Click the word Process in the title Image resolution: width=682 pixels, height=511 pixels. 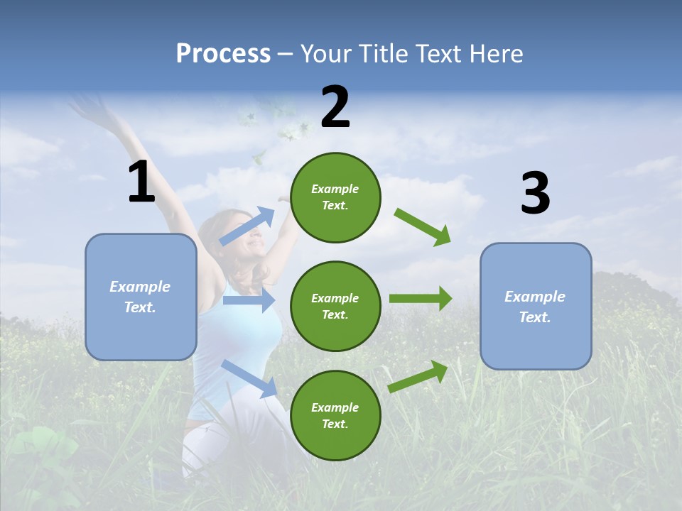coord(223,54)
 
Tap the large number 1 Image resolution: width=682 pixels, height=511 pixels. coord(141,182)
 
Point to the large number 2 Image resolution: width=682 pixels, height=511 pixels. coord(335,107)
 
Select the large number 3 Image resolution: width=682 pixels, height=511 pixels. coord(535,194)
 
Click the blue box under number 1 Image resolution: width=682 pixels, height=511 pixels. coord(141,297)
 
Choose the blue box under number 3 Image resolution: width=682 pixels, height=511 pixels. coord(536,306)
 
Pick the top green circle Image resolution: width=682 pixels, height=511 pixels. coord(335,197)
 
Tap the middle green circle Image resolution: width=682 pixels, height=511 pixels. coord(335,306)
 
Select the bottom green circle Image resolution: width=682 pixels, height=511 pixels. coord(335,415)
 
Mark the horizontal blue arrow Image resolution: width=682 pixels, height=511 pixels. coord(249,300)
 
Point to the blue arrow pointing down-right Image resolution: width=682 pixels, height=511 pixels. coord(249,378)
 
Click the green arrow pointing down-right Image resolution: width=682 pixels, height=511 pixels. coord(423,226)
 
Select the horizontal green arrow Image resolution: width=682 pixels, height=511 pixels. coord(420,298)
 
